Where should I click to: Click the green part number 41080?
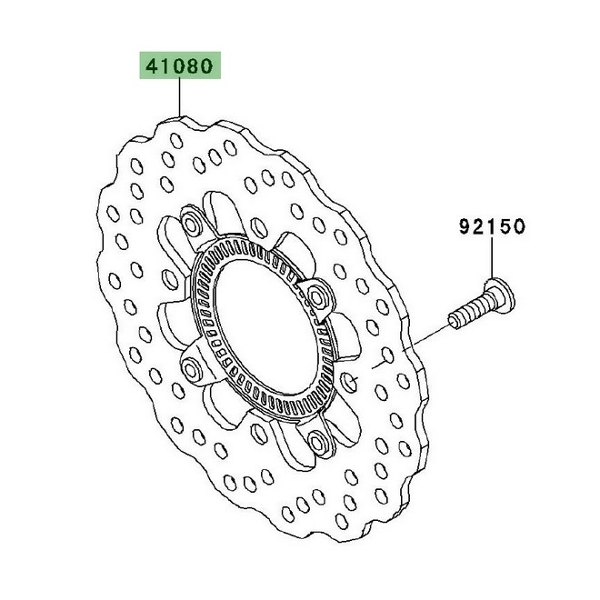point(179,66)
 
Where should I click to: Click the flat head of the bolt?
point(498,292)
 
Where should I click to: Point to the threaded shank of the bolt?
point(468,311)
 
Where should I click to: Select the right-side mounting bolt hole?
point(318,295)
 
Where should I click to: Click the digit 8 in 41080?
point(195,66)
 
